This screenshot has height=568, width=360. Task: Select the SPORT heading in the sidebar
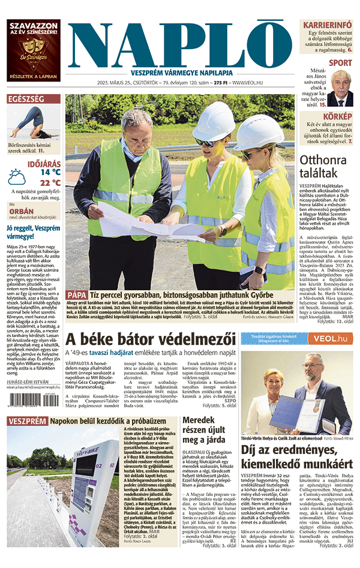(340, 62)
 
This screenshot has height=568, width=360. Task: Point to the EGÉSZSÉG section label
(26, 98)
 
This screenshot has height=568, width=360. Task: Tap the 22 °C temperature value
(50, 183)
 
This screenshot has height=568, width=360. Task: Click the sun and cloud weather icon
(17, 178)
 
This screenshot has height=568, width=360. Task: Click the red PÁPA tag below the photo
(77, 295)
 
